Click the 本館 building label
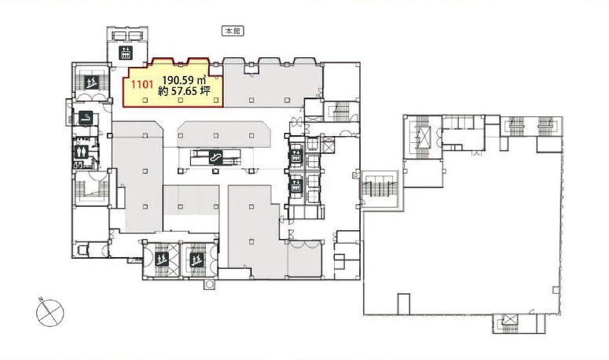click(233, 31)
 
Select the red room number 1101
click(141, 84)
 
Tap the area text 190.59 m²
click(184, 80)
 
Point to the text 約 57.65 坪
click(185, 92)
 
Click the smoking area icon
click(86, 118)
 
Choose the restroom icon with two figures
click(81, 151)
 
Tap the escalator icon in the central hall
click(216, 157)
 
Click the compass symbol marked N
click(50, 312)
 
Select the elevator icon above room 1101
click(126, 53)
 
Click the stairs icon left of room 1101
click(92, 82)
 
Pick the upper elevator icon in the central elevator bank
click(296, 156)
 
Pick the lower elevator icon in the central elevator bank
click(296, 186)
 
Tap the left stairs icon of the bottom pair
click(162, 259)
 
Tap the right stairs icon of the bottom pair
click(197, 259)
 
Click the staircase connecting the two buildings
click(380, 189)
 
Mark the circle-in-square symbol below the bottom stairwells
click(210, 285)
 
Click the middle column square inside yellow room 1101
click(181, 100)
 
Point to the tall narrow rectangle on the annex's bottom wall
click(404, 303)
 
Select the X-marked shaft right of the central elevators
click(328, 145)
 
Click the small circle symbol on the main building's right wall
click(356, 175)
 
